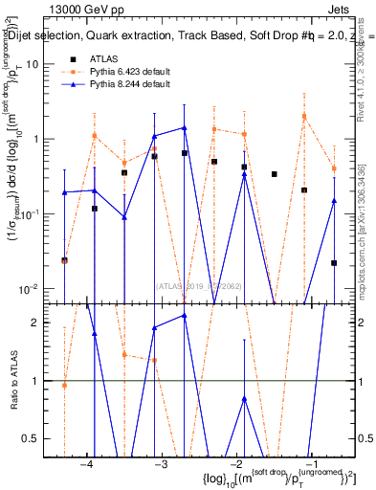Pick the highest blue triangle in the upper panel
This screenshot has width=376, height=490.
[185, 128]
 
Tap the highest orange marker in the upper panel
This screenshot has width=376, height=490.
[305, 117]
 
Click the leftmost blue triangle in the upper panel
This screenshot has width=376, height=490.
[64, 192]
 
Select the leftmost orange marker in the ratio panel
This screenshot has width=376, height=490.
[64, 385]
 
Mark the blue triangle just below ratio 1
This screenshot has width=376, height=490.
[245, 399]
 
